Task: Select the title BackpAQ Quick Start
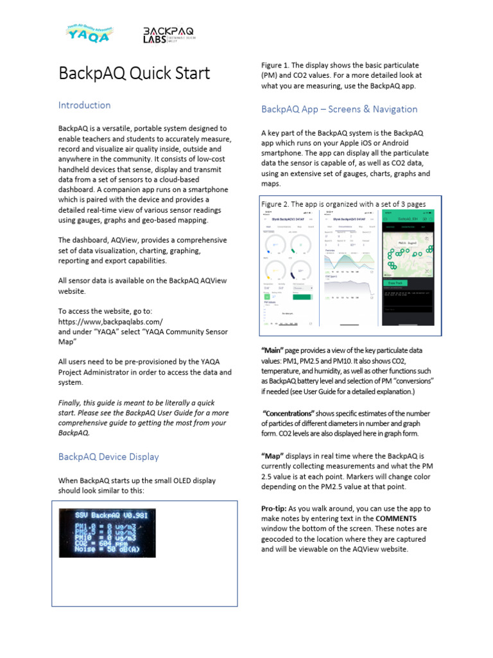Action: (x=134, y=73)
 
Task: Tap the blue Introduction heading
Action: (x=84, y=105)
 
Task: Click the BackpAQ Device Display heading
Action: (x=108, y=457)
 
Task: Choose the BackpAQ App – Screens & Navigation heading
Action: (x=339, y=109)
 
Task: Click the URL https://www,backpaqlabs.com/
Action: (x=110, y=321)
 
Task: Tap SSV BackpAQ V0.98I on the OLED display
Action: (x=107, y=515)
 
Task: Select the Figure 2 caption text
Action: (x=343, y=204)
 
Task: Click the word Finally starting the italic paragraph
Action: (x=73, y=404)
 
